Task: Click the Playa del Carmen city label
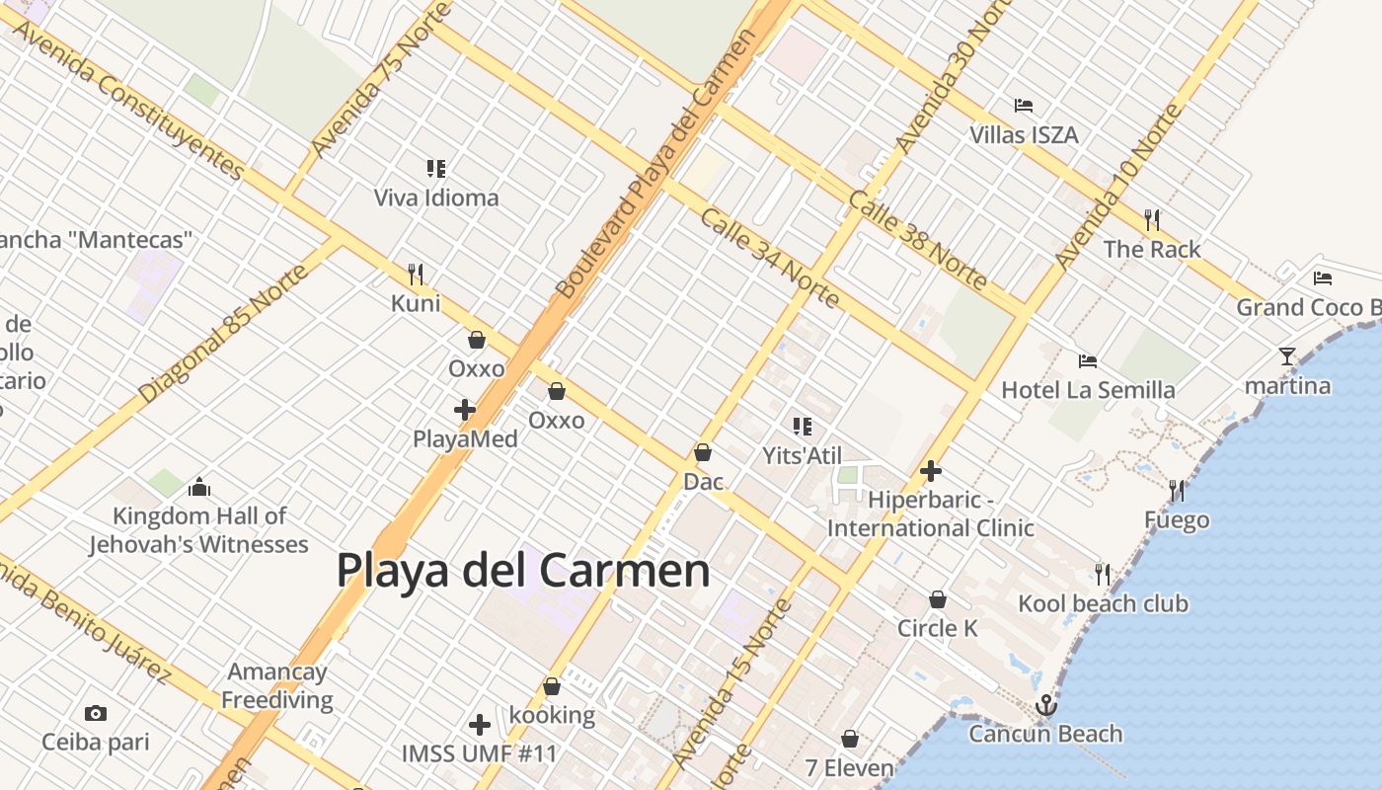pos(523,571)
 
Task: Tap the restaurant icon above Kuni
pos(416,274)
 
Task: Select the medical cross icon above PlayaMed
pos(465,409)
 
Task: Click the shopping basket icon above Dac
pos(703,452)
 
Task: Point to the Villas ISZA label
pos(1024,135)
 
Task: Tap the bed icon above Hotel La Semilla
pos(1088,361)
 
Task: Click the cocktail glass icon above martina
pos(1287,356)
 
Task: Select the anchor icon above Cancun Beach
pos(1045,705)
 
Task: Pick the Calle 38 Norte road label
pos(917,240)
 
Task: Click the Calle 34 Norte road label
pos(770,258)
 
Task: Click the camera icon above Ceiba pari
pos(95,713)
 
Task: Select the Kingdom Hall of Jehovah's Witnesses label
pos(198,530)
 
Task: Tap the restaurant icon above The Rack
pos(1152,219)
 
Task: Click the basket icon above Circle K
pos(938,599)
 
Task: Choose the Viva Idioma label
pos(436,197)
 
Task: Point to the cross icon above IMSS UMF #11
pos(480,725)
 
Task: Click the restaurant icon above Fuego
pos(1177,490)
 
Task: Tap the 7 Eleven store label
pos(849,768)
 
